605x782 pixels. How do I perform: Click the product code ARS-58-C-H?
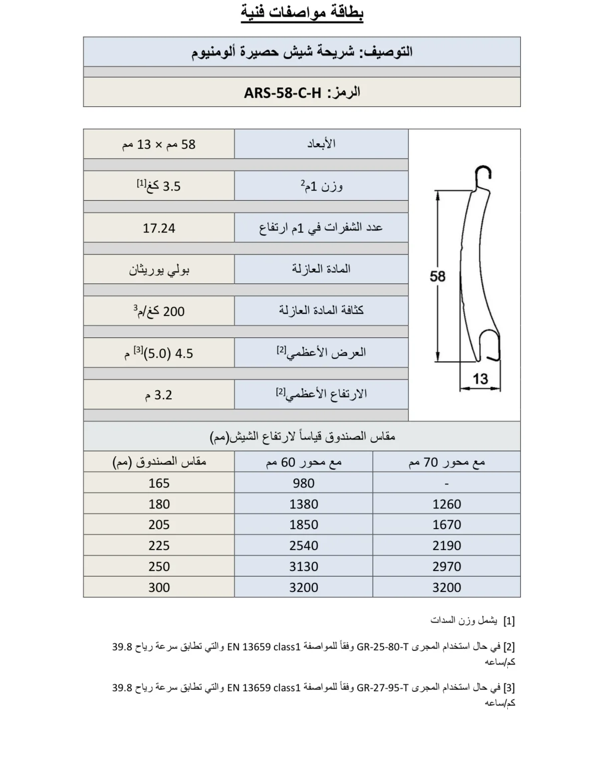point(282,93)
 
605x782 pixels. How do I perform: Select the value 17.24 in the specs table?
point(159,228)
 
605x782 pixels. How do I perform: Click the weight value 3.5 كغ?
point(159,186)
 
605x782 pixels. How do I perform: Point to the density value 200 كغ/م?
point(159,311)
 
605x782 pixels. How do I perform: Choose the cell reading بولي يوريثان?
point(159,270)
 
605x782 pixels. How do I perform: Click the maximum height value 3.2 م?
point(159,395)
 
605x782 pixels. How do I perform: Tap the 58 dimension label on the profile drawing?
point(437,276)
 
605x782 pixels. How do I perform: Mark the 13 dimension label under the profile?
point(480,379)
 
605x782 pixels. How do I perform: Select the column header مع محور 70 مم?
point(446,462)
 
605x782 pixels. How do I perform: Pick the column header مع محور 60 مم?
point(303,462)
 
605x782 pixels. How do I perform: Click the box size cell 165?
point(159,483)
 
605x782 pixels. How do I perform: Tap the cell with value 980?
point(303,483)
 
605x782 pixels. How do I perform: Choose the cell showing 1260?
point(446,504)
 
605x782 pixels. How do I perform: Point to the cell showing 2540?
point(303,545)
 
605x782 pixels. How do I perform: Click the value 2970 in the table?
point(446,566)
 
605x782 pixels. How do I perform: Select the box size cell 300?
point(159,587)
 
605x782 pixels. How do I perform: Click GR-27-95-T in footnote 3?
point(383,688)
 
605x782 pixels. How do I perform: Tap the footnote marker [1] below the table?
point(509,621)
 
